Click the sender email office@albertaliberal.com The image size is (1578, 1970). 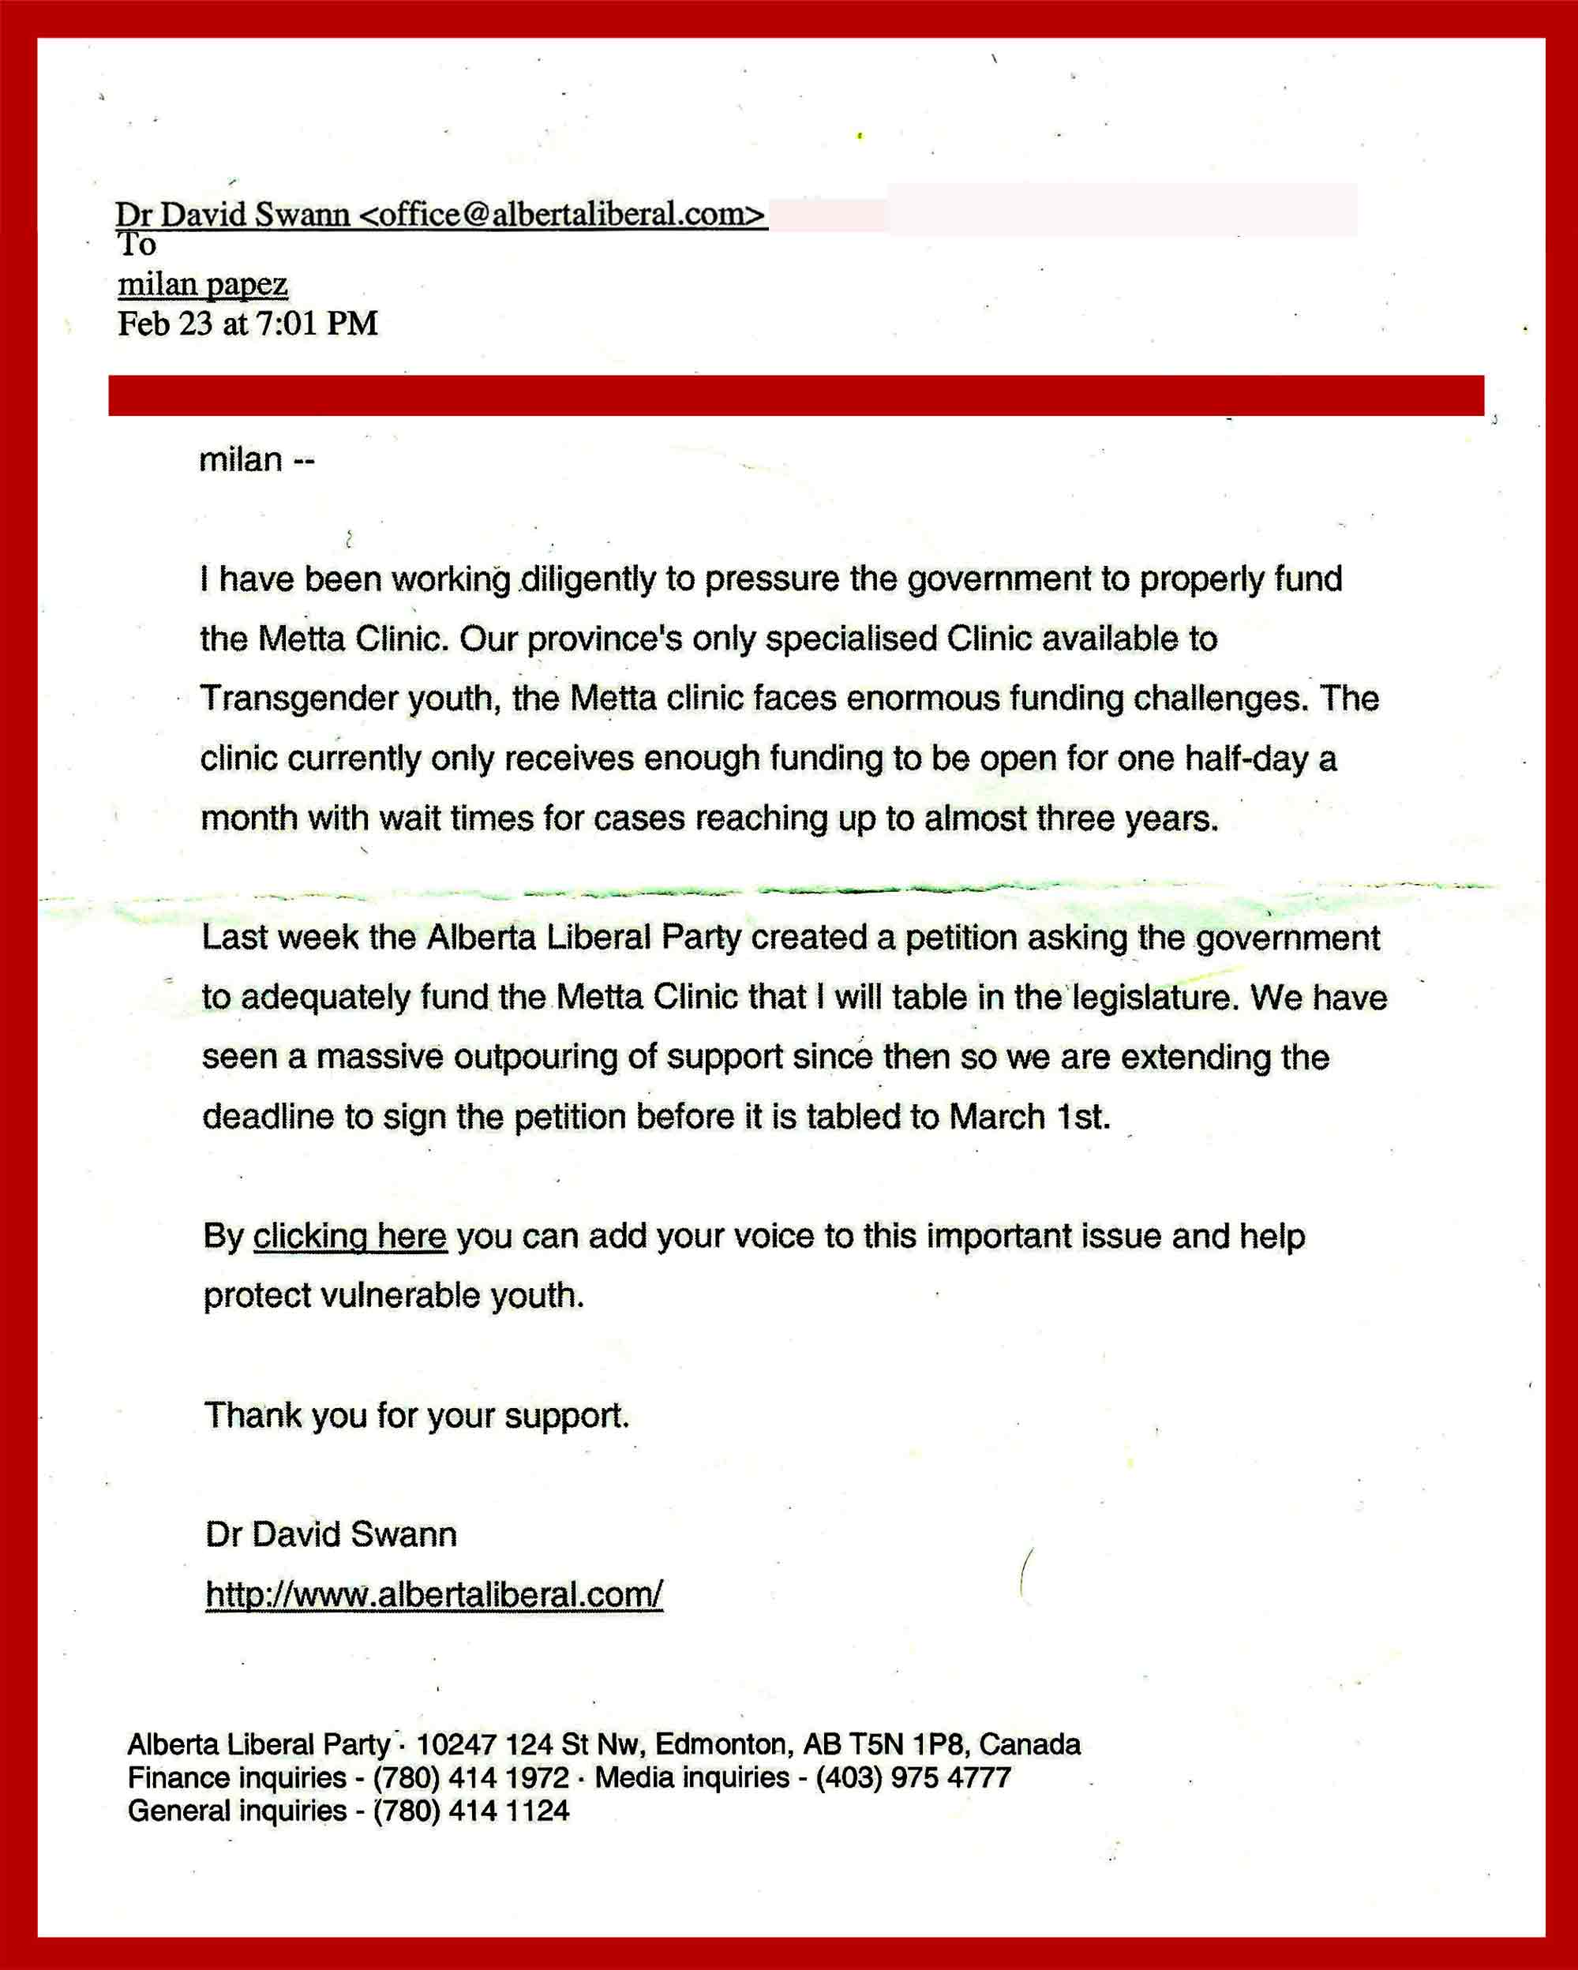(562, 215)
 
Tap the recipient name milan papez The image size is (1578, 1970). (203, 284)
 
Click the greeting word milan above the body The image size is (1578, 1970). (240, 459)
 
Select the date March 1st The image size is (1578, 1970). (1029, 1117)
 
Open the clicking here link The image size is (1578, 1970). (350, 1236)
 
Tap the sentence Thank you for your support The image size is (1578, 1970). (417, 1415)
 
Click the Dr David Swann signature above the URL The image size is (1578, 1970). (331, 1534)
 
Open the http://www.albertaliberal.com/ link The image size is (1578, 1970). (434, 1594)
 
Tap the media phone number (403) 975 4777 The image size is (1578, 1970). (913, 1777)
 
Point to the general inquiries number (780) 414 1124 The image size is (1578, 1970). (470, 1810)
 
